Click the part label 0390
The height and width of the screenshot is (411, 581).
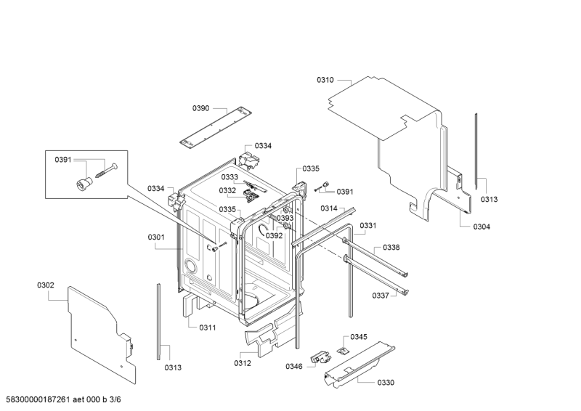[200, 108]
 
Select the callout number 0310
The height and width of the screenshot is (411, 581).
[325, 80]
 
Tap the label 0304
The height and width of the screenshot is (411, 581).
[482, 227]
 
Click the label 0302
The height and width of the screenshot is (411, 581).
[45, 285]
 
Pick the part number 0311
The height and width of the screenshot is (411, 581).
[208, 327]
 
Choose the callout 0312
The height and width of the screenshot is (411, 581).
[243, 363]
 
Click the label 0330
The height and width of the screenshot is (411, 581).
[386, 383]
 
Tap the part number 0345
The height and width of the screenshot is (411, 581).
[359, 337]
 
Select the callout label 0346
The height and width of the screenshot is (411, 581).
[293, 367]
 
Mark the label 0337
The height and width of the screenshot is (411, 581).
[381, 296]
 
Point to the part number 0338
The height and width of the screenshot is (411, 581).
[391, 248]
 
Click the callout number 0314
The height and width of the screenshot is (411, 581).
[329, 208]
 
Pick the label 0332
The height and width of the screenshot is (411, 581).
[228, 191]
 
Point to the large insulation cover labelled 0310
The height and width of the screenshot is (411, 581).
[392, 138]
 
